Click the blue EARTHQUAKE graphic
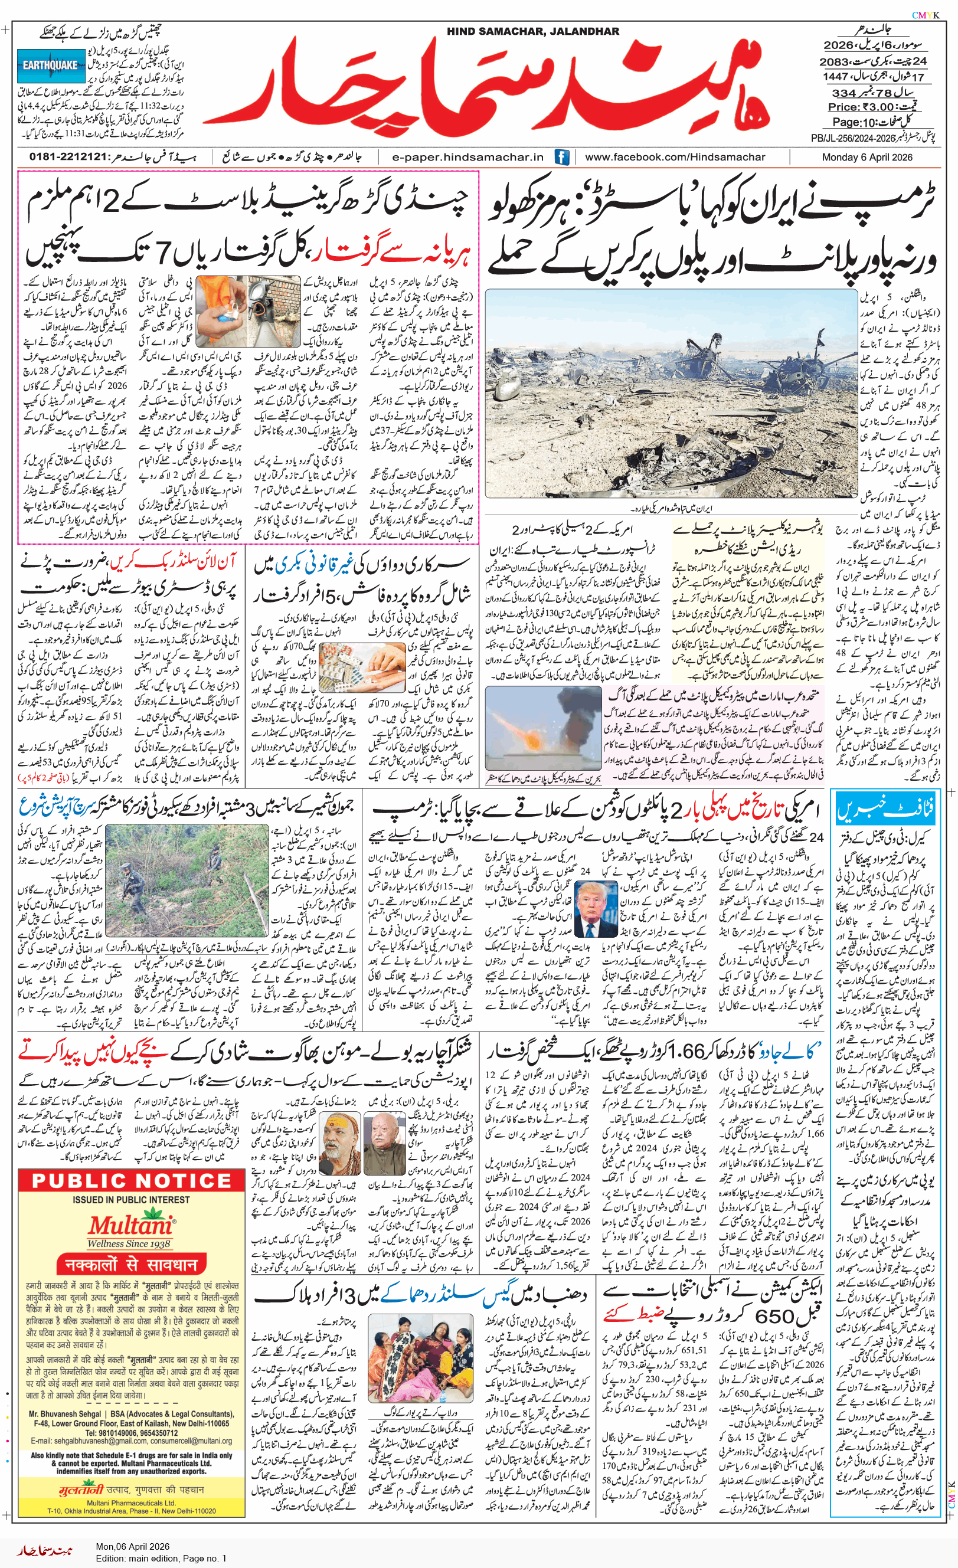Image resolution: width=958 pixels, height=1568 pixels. (x=51, y=65)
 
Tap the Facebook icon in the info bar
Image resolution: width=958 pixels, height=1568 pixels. (x=561, y=157)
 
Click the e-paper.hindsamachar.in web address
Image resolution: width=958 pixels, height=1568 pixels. (x=468, y=157)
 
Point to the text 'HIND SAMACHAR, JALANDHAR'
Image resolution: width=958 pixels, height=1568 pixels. (x=532, y=31)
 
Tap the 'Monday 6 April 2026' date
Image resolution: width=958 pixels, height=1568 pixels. (x=867, y=157)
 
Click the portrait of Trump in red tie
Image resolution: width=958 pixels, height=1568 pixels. (x=596, y=909)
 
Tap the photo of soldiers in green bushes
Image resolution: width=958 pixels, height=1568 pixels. (x=187, y=880)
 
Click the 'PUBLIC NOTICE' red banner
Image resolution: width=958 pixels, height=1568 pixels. (x=131, y=1181)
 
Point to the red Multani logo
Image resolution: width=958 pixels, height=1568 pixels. (x=130, y=1226)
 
